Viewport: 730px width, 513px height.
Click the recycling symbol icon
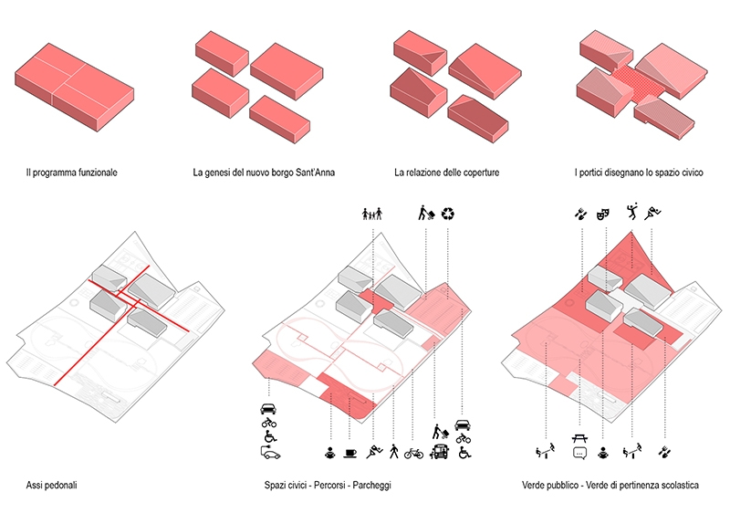coord(448,215)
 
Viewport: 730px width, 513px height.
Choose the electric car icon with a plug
coord(269,453)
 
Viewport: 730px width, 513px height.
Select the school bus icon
coord(440,452)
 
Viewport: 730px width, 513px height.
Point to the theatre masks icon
coord(602,215)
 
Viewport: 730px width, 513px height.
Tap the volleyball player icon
coord(631,215)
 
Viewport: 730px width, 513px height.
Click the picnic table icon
coord(579,438)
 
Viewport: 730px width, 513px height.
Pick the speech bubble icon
coord(579,453)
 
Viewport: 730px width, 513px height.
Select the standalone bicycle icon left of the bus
coord(414,452)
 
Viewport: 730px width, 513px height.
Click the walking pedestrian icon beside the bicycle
coord(393,452)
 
